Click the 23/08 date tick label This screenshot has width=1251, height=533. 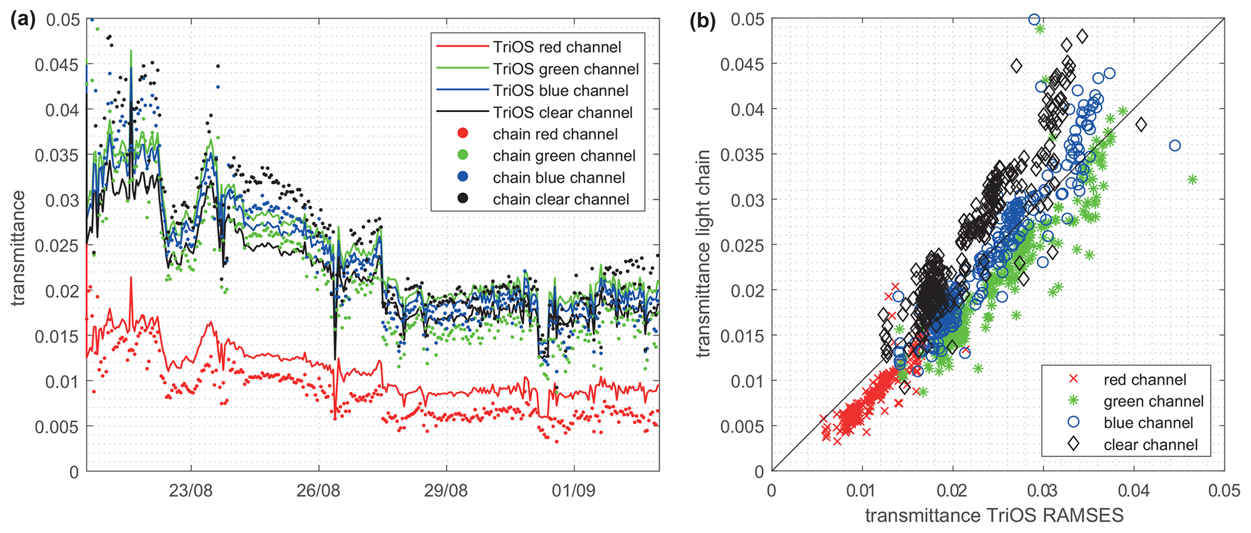[191, 491]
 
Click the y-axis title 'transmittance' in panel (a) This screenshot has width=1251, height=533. [19, 248]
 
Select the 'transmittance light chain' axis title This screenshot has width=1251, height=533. [702, 254]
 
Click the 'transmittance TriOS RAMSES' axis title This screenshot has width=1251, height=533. [994, 515]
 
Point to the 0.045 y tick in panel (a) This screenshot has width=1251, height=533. [57, 65]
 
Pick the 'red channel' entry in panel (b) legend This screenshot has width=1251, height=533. [1144, 380]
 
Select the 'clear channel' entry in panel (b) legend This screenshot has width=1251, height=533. [1151, 445]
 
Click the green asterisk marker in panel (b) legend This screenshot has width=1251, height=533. [1073, 401]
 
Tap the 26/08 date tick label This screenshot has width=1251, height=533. [318, 491]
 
